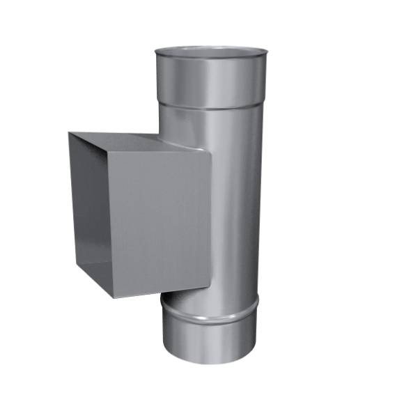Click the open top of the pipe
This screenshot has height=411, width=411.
click(x=210, y=52)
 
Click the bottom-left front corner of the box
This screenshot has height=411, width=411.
click(x=112, y=298)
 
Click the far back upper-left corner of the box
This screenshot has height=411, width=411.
click(x=68, y=133)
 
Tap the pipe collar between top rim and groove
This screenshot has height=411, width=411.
click(x=210, y=84)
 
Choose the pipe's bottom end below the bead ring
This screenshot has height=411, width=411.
click(x=209, y=338)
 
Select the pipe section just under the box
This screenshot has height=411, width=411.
click(x=202, y=296)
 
